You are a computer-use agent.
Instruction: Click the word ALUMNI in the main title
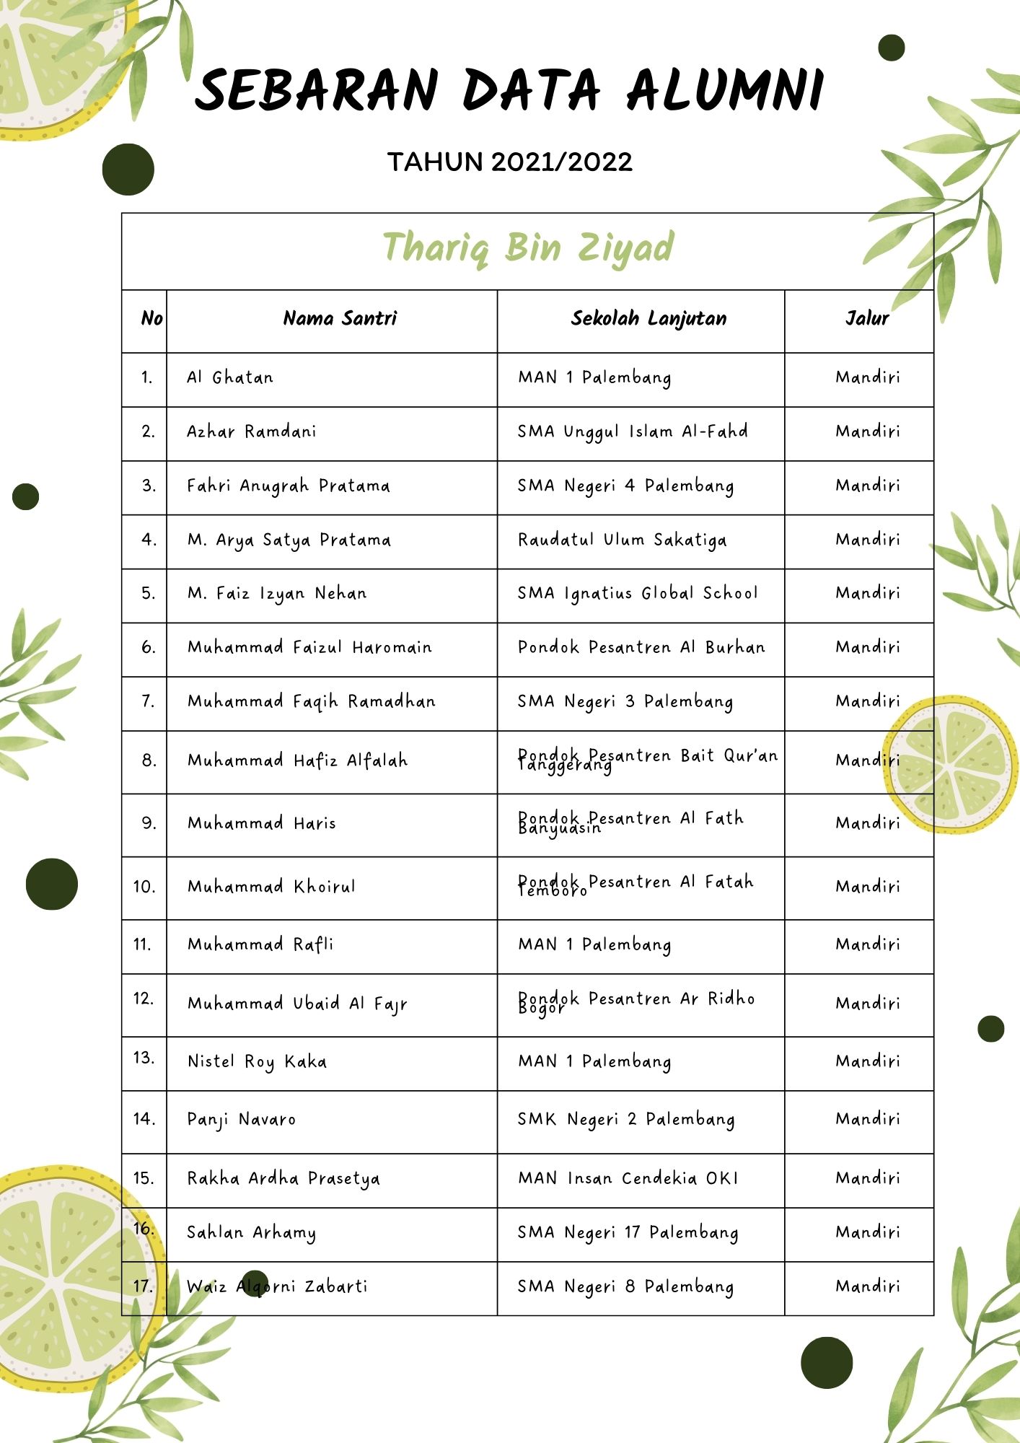pos(725,90)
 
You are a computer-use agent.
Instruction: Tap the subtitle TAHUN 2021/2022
pos(510,162)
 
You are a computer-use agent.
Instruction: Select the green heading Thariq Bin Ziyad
pos(528,247)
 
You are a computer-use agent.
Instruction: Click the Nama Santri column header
pos(340,318)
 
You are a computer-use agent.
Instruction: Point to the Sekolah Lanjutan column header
pos(649,318)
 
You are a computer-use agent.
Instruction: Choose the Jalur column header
pos(866,318)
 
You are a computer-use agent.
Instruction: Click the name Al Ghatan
pos(230,377)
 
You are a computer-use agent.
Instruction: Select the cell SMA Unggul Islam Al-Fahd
pos(633,431)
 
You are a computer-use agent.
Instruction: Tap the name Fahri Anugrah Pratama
pos(289,486)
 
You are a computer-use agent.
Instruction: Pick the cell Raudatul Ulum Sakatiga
pos(623,540)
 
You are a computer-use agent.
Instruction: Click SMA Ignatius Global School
pos(638,593)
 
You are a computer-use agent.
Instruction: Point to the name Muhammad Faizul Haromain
pos(309,647)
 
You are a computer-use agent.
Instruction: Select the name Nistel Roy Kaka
pos(257,1061)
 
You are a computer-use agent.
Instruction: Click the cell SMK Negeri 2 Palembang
pos(626,1119)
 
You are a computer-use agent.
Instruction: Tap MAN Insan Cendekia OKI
pos(628,1178)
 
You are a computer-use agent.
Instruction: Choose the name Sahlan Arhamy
pos(251,1232)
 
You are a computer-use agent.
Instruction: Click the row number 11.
pos(143,944)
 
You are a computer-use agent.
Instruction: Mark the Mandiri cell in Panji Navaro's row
pos(868,1119)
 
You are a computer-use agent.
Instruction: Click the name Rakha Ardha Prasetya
pos(283,1178)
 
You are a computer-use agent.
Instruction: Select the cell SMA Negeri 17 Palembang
pos(628,1232)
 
